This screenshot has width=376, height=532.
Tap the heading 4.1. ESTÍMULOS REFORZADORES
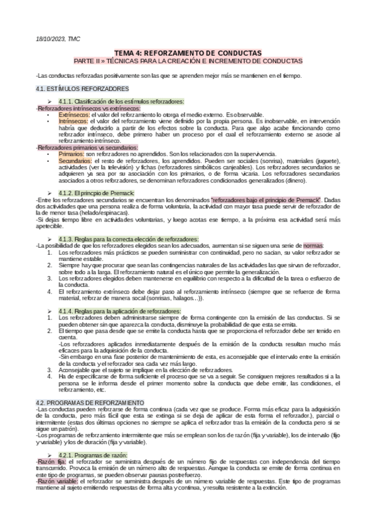point(82,88)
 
